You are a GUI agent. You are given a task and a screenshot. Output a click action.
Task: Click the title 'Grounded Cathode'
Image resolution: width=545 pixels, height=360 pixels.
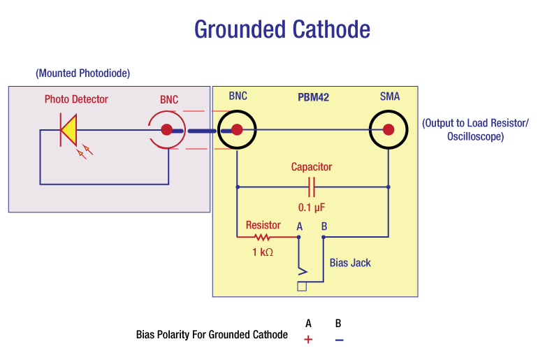[282, 29]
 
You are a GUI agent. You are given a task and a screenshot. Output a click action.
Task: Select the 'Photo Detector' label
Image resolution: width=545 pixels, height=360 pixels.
[76, 99]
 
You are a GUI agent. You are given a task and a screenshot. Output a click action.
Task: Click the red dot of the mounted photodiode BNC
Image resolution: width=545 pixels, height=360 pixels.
[167, 129]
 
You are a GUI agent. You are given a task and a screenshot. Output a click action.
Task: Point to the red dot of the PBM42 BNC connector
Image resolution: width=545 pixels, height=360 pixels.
[237, 129]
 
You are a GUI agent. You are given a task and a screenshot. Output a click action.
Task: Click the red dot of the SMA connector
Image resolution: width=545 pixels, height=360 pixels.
[388, 129]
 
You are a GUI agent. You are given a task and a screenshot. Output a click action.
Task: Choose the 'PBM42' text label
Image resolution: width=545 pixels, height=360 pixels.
[313, 97]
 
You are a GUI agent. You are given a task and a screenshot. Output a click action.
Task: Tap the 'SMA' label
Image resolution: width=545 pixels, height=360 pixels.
[390, 96]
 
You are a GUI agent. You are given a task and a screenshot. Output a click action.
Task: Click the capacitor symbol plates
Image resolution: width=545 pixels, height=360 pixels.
[312, 187]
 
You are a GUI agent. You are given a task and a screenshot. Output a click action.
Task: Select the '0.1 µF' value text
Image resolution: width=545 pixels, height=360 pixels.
[312, 208]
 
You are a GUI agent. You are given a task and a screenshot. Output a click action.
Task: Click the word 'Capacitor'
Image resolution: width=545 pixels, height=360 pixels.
[312, 167]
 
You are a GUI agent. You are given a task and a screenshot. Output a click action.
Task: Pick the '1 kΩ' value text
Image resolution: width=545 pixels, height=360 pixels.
[263, 252]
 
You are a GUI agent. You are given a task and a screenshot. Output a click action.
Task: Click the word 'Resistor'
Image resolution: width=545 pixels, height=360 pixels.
[263, 225]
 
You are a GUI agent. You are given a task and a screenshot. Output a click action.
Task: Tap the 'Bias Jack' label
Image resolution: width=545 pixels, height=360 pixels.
[350, 263]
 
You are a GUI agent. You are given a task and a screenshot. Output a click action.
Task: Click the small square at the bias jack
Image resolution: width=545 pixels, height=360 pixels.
[302, 286]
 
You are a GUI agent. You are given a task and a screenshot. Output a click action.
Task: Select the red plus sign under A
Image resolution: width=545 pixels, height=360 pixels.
[308, 340]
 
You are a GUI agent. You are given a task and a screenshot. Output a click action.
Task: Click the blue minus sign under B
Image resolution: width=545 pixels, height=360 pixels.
[339, 340]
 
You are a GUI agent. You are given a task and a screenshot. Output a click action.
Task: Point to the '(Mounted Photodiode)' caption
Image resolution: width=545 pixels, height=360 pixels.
[82, 73]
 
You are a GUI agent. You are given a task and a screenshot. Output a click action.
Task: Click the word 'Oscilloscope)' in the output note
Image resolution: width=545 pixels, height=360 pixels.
[475, 137]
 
